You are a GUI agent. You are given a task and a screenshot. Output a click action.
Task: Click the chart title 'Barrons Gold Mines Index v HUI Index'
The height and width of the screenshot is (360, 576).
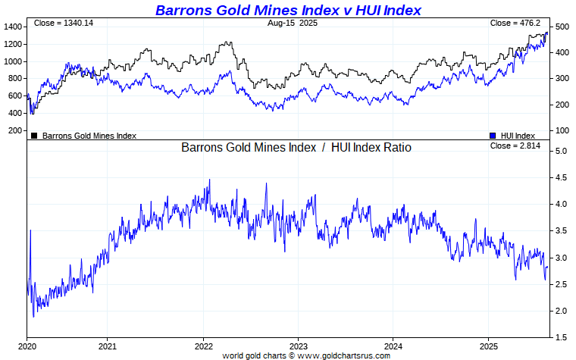coord(288,10)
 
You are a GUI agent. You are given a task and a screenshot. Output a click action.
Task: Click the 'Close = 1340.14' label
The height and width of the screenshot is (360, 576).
coord(64,23)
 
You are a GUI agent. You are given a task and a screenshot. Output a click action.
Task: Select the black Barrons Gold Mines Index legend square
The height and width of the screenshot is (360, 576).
coord(34,136)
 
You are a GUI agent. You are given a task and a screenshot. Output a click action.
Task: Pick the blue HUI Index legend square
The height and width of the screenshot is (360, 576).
coord(493,136)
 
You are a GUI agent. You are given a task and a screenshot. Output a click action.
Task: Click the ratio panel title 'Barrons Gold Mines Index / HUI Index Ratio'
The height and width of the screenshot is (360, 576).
coord(296,147)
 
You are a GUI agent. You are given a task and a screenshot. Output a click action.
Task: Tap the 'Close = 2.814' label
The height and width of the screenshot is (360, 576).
coord(515,146)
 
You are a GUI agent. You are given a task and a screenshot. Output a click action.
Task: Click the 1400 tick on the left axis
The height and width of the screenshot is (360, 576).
coord(12,27)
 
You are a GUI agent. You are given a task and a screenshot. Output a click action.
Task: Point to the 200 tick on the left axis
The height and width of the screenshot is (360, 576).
coord(14,130)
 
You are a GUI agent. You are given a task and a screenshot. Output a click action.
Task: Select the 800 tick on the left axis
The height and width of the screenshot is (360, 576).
coord(14,79)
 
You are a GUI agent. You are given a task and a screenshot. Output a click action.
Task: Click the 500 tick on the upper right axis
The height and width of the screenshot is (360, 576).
coord(562,27)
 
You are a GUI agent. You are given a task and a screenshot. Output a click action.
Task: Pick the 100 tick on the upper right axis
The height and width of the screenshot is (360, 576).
coord(562,130)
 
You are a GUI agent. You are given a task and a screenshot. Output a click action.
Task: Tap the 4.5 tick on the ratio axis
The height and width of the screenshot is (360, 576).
coord(560,178)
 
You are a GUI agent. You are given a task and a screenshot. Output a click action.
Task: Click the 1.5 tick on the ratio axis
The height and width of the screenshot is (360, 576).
coord(560,337)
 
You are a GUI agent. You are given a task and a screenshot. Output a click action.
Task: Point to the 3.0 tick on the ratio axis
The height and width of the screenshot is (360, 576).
coord(560,258)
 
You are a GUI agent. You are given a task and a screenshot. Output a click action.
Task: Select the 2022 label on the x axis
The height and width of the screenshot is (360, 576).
coord(203,346)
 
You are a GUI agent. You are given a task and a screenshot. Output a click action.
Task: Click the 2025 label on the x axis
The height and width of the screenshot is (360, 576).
coord(489,346)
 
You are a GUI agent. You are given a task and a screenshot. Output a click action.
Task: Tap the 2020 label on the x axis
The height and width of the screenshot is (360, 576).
coord(27,346)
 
